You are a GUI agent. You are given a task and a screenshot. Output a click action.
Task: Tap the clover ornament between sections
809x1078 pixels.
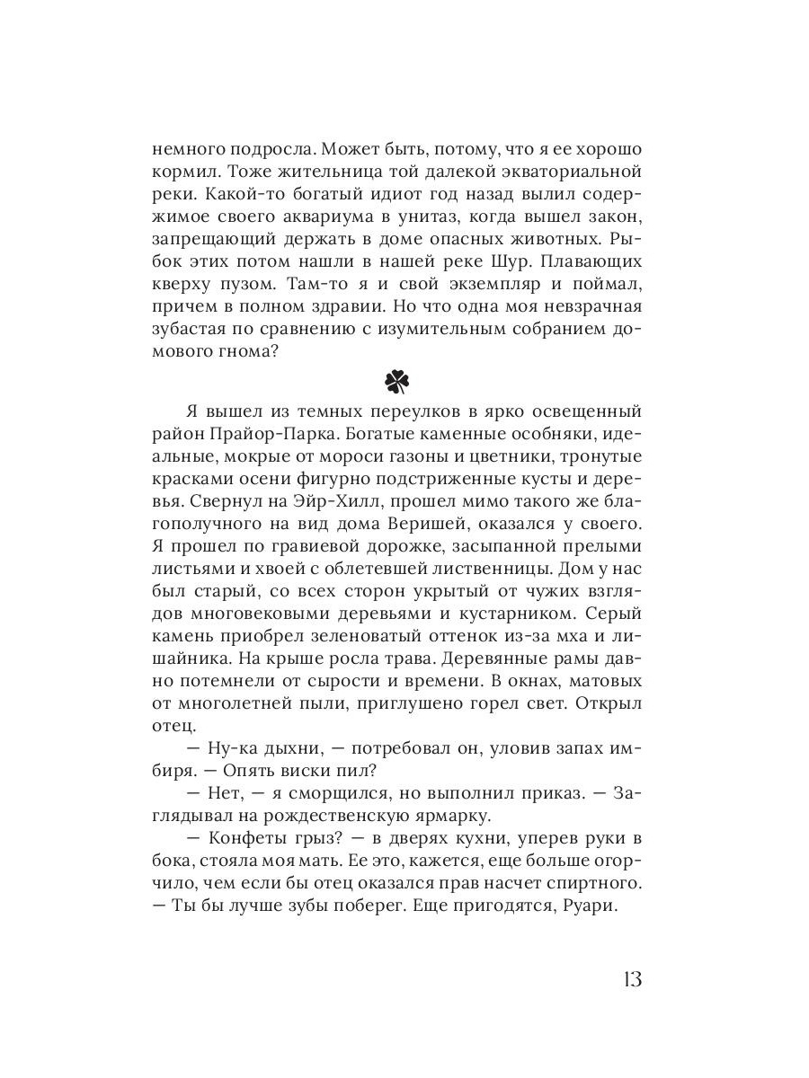coord(396,382)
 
